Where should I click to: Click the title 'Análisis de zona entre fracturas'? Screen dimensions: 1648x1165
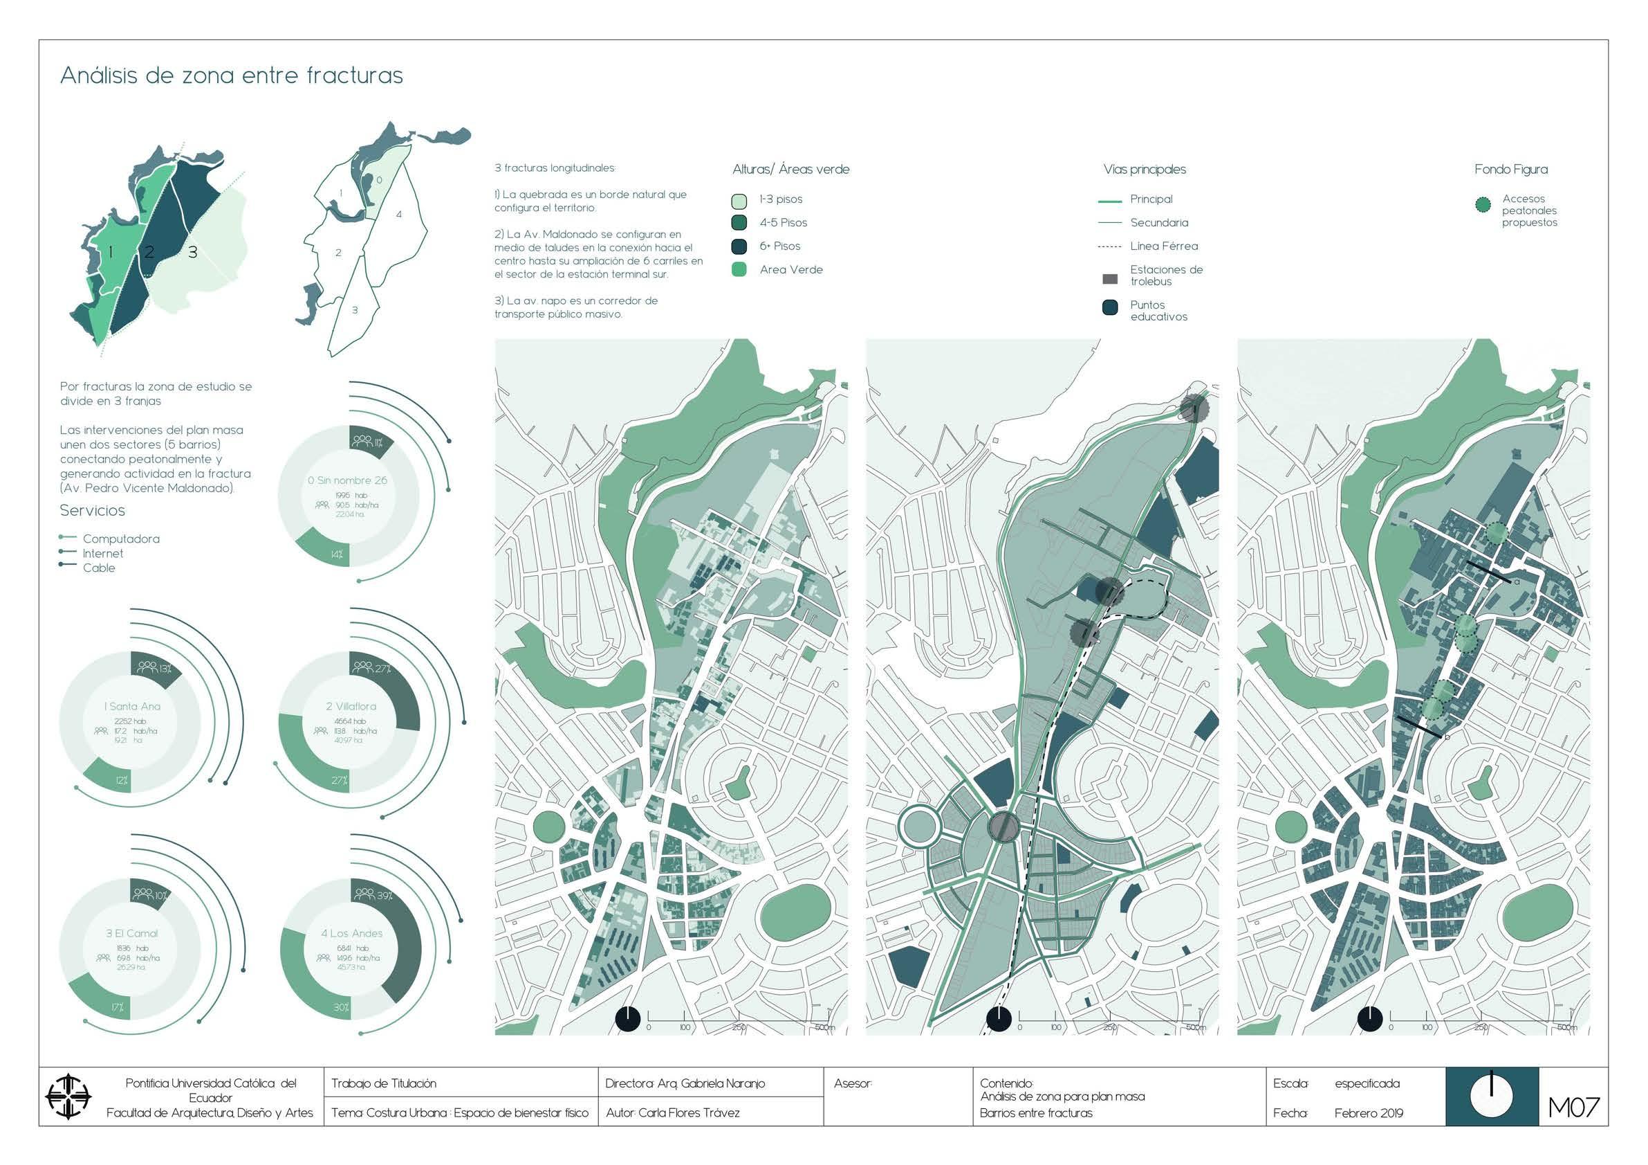231,75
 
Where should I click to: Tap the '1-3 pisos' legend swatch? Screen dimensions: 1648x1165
739,200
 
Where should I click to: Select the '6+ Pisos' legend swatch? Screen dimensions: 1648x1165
739,246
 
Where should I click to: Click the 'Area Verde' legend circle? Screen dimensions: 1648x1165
739,270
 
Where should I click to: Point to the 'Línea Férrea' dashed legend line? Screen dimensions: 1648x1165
1109,246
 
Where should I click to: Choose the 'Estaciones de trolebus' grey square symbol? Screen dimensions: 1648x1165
1110,279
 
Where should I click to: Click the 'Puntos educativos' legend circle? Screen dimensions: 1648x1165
1110,308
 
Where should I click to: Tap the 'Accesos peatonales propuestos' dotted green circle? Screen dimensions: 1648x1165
1482,206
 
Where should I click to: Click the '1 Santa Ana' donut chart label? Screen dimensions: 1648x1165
132,707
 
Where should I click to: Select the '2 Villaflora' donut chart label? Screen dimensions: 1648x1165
351,707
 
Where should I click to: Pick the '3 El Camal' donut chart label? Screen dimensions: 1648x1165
132,934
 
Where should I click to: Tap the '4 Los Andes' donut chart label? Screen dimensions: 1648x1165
352,934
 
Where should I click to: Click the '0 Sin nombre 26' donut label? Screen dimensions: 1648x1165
347,480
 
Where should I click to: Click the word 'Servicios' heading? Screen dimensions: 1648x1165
93,511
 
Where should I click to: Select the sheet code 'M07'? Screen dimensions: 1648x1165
1574,1108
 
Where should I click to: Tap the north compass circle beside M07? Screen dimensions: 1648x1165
1492,1097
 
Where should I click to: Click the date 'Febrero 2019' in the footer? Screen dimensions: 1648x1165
1369,1113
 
